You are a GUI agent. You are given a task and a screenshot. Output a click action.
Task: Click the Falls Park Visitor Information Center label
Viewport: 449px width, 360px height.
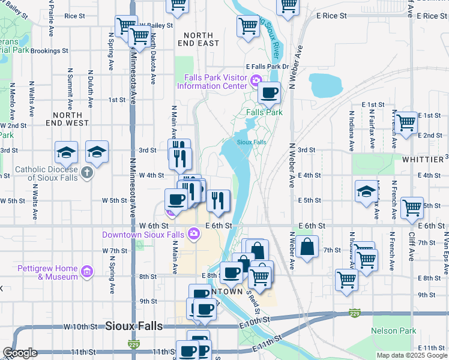[212, 82]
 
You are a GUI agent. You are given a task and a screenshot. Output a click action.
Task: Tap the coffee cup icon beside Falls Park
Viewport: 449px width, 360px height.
[269, 93]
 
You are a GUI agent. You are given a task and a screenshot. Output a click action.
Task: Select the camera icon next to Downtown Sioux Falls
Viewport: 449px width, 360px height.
[194, 234]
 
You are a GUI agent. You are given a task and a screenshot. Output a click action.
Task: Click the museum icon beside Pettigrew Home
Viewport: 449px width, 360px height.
[87, 272]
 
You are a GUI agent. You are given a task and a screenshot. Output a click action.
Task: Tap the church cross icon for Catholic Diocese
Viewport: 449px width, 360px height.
[87, 173]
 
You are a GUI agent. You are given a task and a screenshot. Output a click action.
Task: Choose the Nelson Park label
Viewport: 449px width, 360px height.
[393, 331]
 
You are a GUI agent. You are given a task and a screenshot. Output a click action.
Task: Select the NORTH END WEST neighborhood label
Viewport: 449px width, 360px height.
[71, 119]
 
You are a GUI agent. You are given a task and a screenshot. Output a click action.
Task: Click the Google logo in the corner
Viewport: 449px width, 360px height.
[20, 353]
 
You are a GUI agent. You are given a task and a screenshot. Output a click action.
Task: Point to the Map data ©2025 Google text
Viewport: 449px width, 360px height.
[412, 355]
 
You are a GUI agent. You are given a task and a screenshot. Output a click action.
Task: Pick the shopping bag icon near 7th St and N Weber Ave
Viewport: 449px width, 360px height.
[307, 246]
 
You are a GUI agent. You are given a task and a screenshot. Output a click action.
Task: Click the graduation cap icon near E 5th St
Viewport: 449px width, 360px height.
[366, 191]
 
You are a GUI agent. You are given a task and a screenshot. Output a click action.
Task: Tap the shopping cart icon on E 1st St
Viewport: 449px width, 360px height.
[406, 122]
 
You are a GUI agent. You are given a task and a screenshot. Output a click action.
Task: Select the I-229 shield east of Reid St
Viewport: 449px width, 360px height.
[354, 313]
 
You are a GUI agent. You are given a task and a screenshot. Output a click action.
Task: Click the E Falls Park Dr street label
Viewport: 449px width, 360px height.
[267, 67]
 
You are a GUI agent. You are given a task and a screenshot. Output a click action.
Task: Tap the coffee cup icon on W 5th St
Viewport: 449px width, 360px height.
[176, 199]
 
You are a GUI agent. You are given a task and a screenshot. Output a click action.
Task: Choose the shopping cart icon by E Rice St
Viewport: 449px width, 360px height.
[288, 5]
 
